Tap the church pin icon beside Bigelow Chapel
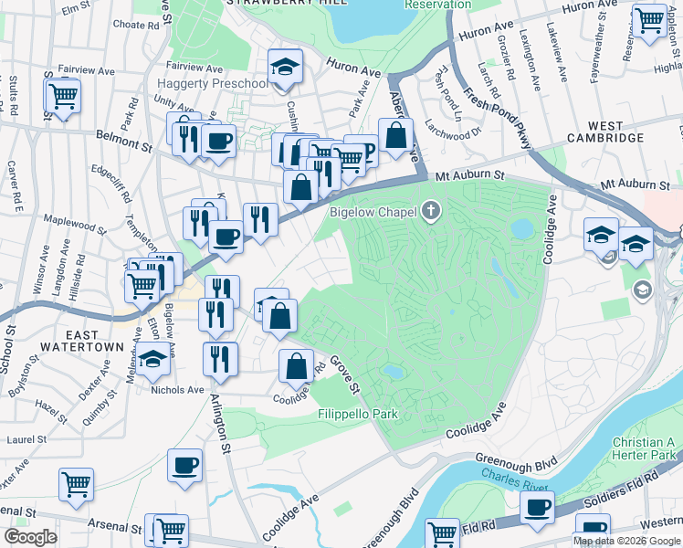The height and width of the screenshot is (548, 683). pos(431,213)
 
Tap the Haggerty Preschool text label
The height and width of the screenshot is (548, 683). pos(212,83)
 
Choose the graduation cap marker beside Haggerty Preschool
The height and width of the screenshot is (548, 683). pos(285,68)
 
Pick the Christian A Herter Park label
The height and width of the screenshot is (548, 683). pos(644,448)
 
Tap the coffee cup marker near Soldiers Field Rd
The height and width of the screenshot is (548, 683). pos(537,508)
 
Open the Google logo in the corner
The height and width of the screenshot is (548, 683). pos(31,537)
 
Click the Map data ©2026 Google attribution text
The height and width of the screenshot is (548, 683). pos(626,541)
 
